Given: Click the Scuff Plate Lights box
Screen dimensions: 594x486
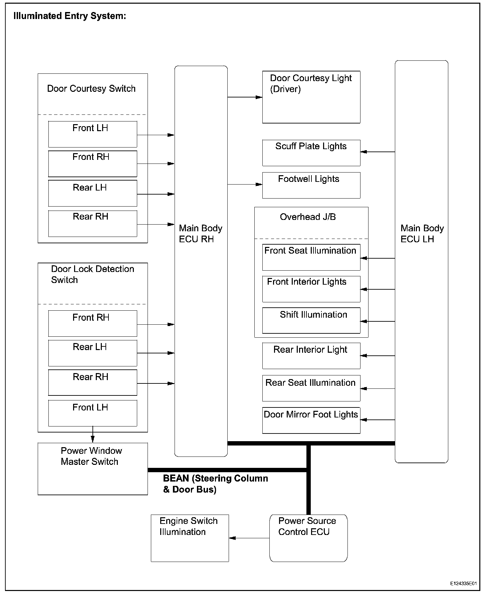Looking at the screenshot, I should point(311,153).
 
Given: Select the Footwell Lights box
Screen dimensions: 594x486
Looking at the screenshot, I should point(311,185).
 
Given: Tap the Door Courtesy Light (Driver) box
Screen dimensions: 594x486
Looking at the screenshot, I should point(311,97).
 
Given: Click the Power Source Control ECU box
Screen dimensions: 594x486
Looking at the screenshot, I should point(308,538).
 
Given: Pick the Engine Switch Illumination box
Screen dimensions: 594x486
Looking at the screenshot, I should point(190,538).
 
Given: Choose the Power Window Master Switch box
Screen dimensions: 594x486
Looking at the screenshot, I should point(92,469).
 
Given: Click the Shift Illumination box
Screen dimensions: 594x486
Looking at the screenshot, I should point(311,320).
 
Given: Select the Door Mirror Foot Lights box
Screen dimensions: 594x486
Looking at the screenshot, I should point(311,420).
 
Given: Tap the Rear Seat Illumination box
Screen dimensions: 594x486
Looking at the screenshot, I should point(311,388).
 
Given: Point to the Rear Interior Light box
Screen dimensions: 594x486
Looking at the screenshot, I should point(311,356).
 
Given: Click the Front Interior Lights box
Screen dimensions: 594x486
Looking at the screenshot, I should point(311,289).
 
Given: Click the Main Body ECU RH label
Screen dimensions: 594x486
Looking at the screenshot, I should point(200,234).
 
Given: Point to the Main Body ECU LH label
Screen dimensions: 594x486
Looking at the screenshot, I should point(422,234).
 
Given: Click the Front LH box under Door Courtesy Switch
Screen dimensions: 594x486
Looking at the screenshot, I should point(92,134).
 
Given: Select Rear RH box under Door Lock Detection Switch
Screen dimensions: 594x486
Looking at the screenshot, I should point(92,382).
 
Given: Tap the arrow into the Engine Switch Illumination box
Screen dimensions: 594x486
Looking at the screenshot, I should point(233,538).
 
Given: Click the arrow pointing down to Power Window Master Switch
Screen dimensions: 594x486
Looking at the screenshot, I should point(92,439).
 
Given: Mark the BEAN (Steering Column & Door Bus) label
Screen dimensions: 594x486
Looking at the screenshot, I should point(215,484).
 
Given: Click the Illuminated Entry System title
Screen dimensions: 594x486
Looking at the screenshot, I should point(70,16).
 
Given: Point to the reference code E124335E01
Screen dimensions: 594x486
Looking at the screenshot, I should point(463,584).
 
